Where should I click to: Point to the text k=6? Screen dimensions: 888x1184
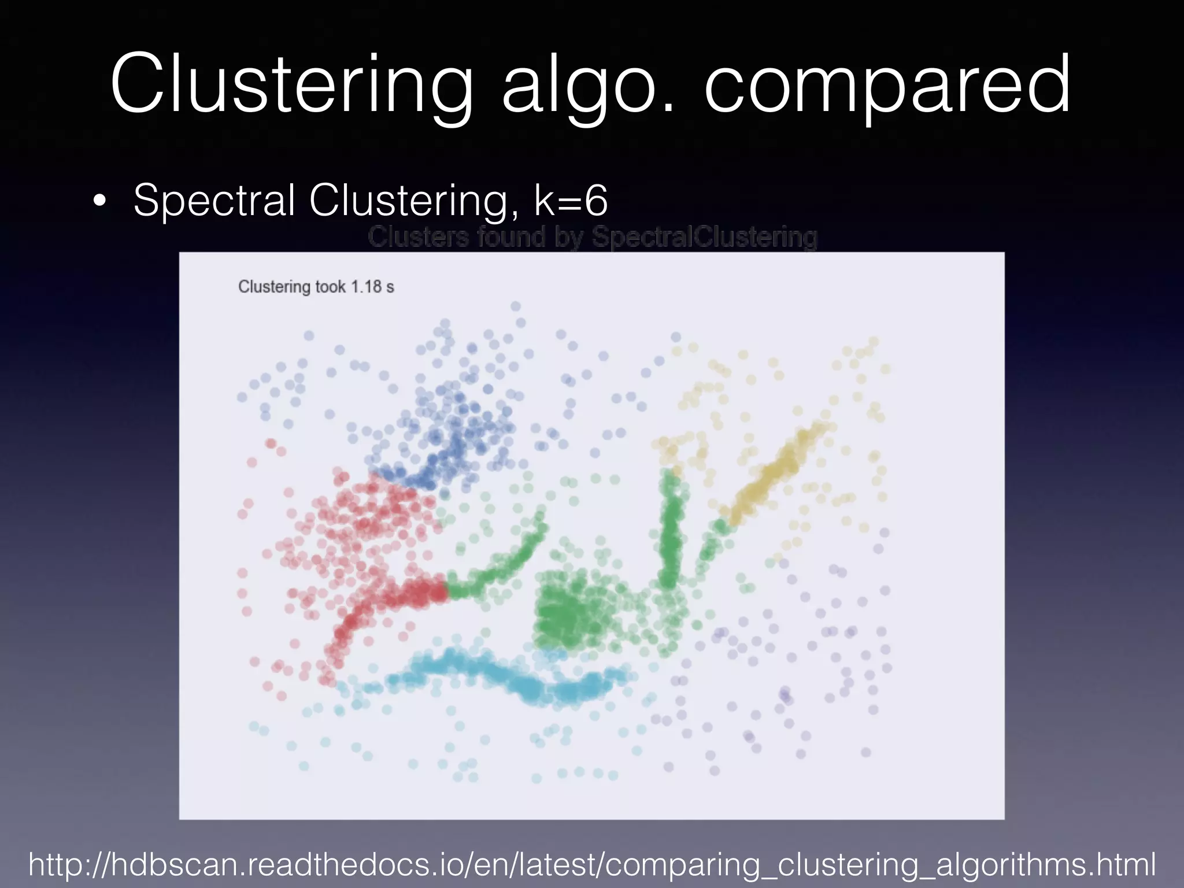coord(571,200)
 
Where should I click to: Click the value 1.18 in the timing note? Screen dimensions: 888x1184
coord(367,287)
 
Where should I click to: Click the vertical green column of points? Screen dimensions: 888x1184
coord(671,532)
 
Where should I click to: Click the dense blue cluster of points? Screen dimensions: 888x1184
coord(451,439)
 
